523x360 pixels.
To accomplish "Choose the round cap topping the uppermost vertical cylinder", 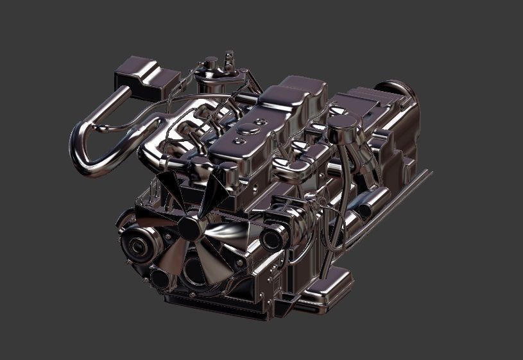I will coord(211,63).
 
